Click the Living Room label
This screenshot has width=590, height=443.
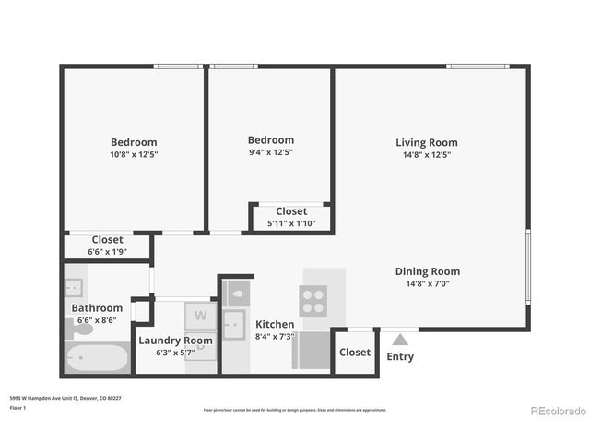(x=426, y=142)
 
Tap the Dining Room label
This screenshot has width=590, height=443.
(x=427, y=271)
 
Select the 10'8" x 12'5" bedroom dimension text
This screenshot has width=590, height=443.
(x=134, y=154)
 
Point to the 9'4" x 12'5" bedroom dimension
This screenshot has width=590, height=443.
(x=270, y=152)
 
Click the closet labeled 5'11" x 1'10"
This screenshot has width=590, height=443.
(x=291, y=217)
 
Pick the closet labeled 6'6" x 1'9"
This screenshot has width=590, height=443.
(x=107, y=245)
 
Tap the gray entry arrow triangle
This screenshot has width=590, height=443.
(x=400, y=340)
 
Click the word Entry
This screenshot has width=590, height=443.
(x=400, y=356)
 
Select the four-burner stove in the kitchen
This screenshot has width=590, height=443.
(x=313, y=301)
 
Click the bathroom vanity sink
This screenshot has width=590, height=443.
(x=74, y=286)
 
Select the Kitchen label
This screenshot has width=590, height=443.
(x=275, y=324)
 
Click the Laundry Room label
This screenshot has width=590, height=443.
(x=175, y=340)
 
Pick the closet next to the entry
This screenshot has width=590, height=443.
(x=355, y=352)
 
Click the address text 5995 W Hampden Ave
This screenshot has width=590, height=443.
(x=46, y=398)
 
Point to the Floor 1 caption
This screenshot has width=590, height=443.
(x=18, y=407)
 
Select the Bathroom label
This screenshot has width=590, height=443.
(x=97, y=308)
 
